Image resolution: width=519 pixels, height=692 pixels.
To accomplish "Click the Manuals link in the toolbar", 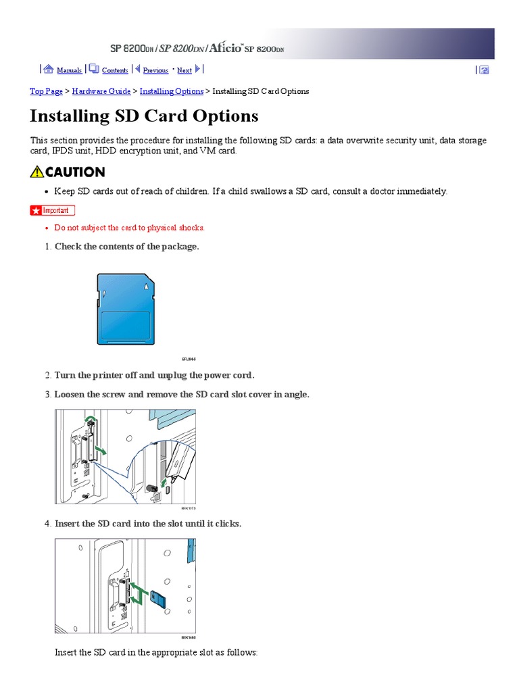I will coord(69,70).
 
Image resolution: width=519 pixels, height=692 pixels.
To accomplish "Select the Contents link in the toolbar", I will coord(115,70).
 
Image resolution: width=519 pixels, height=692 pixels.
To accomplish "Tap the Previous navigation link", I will coord(155,70).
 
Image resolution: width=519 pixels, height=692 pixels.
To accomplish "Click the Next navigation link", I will coord(184,70).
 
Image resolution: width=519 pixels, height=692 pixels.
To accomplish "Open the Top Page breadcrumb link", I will coord(47,91).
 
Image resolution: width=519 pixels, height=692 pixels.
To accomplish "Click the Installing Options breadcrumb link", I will coord(171,91).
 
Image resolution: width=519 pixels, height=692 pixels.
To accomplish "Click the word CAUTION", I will coord(75,172).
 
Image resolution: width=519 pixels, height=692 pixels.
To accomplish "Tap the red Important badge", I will coord(53,210).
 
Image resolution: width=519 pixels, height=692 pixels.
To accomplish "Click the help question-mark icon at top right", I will coord(484,70).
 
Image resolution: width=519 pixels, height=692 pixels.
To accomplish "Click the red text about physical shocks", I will coord(129,228).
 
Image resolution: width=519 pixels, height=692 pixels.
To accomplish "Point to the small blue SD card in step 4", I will coord(159,598).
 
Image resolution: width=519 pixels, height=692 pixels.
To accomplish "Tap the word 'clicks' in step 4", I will coord(226,524).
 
